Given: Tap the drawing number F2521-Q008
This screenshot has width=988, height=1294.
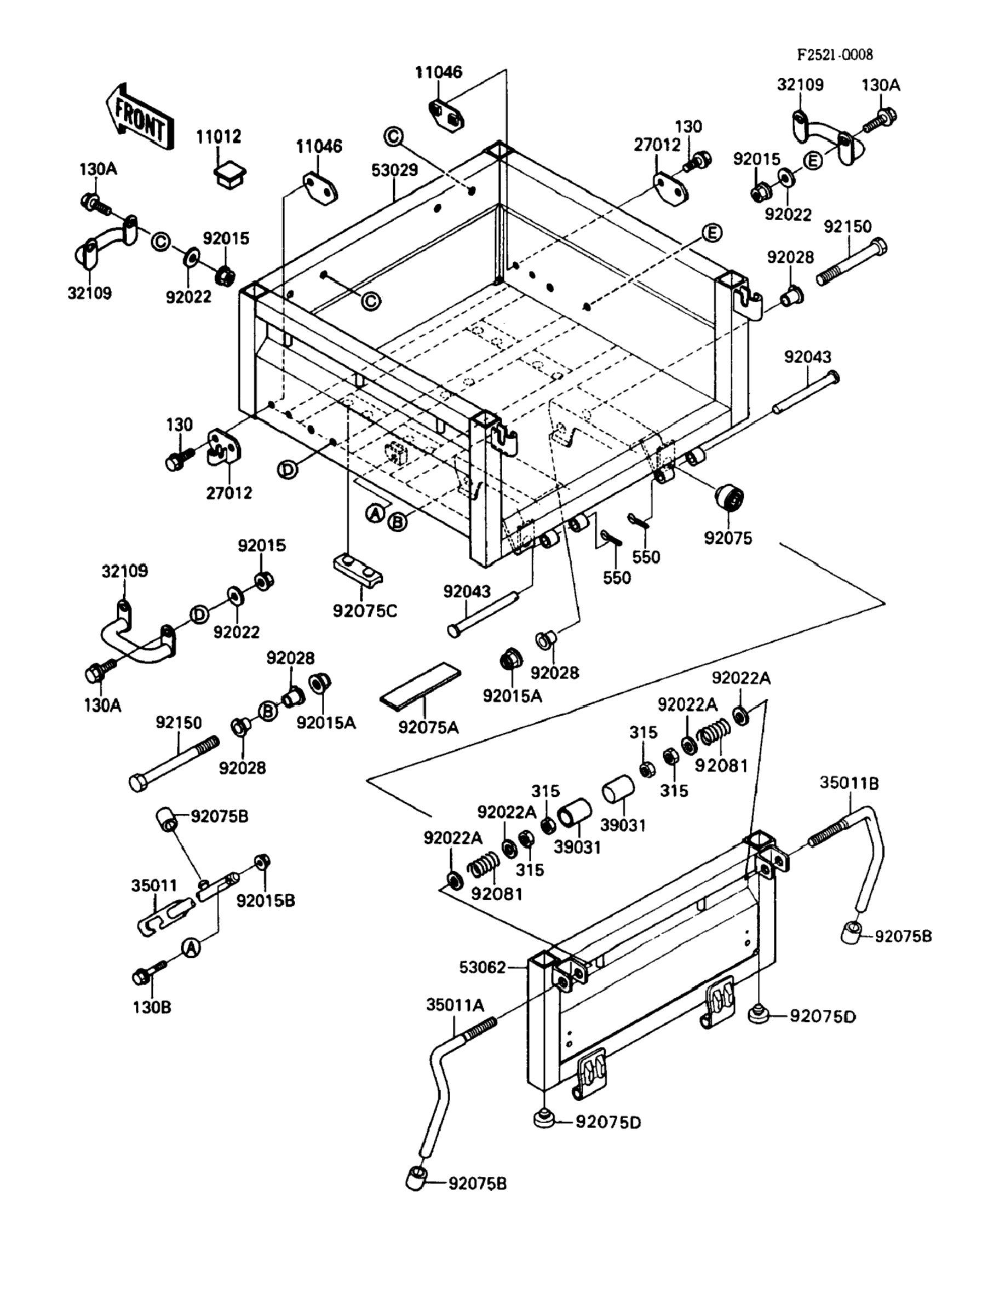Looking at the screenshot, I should [835, 55].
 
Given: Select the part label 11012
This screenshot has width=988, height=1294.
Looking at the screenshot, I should [218, 136].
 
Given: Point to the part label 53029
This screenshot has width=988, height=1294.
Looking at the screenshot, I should [395, 170].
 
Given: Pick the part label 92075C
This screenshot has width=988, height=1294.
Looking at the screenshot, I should [365, 612].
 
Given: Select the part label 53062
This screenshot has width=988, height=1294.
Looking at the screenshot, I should [482, 967].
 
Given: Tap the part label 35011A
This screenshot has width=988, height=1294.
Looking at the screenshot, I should [455, 1005].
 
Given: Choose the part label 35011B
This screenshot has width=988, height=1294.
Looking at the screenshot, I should [849, 783].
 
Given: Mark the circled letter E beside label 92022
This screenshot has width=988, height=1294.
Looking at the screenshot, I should [812, 160].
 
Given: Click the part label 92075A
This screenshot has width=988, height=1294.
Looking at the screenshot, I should [428, 727].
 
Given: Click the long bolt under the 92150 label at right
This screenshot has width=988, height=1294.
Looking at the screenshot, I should [852, 263].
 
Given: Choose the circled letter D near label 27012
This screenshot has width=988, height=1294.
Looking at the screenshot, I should [288, 469].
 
